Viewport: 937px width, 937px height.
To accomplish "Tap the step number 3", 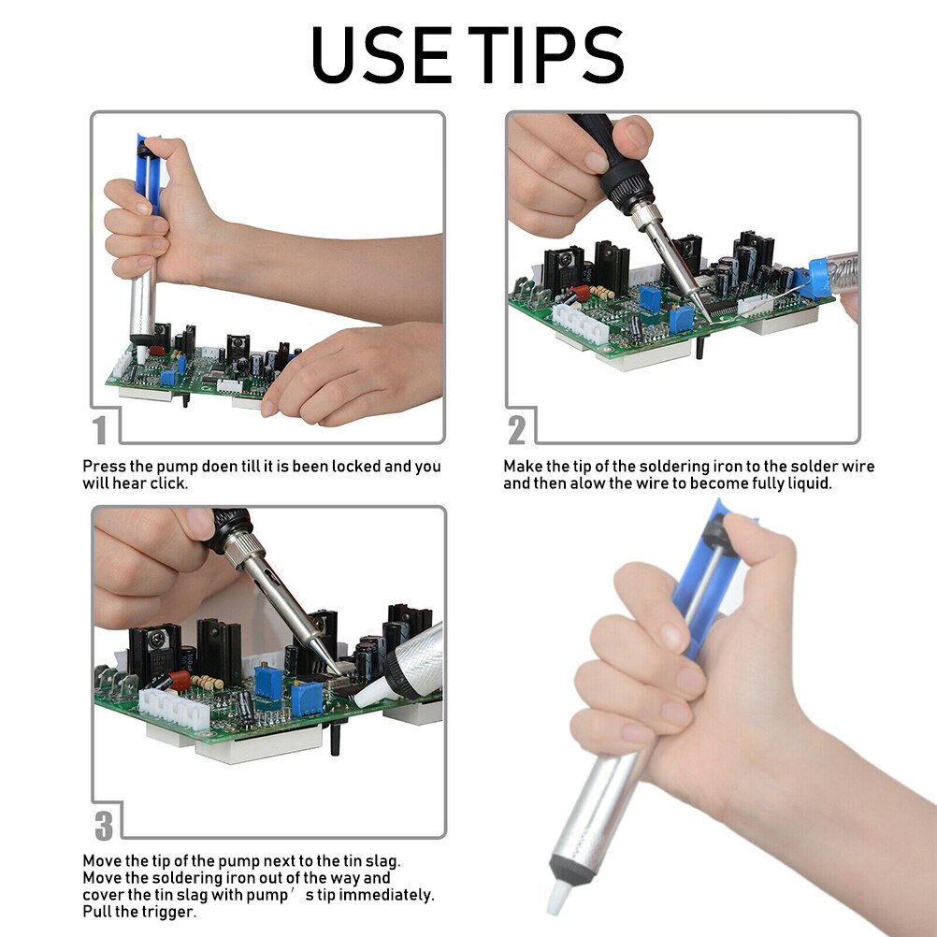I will [104, 826].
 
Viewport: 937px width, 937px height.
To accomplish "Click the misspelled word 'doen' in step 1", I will [221, 466].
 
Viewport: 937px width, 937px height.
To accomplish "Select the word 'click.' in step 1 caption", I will [166, 483].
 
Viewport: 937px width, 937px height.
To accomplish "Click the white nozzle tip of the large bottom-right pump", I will [558, 893].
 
